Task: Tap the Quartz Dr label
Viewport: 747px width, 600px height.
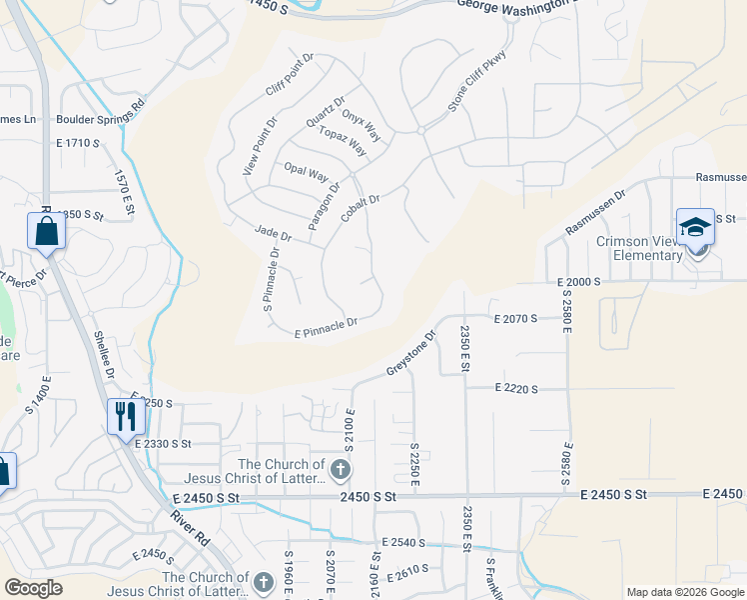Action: [x=326, y=111]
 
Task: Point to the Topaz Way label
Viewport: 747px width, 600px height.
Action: [x=342, y=142]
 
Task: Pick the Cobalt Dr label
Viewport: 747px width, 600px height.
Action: [x=361, y=209]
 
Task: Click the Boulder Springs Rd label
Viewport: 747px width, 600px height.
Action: [x=102, y=112]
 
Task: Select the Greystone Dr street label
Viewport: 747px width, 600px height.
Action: [x=412, y=355]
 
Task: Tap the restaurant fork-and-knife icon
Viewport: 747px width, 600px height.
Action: [x=126, y=415]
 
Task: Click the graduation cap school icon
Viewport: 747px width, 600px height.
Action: [x=695, y=228]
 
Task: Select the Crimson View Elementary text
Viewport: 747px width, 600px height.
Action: [x=641, y=249]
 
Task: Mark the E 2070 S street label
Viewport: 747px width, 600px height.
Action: [x=515, y=318]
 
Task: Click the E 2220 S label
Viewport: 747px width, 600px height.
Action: [x=515, y=388]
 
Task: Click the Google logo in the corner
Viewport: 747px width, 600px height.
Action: [x=34, y=588]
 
